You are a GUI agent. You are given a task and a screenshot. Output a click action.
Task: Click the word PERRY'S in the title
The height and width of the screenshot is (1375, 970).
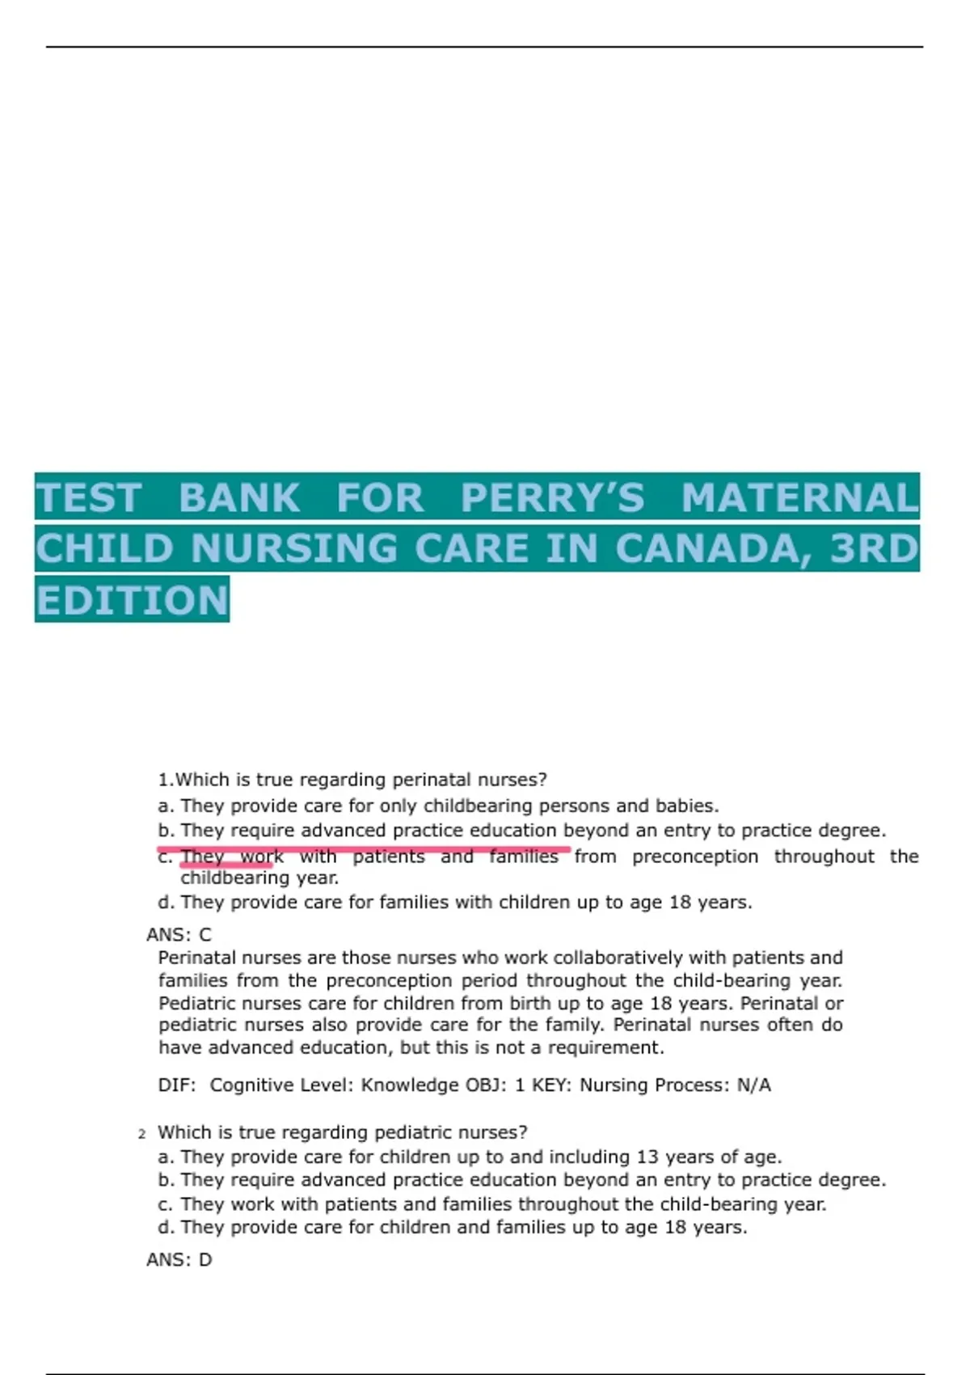click(x=553, y=497)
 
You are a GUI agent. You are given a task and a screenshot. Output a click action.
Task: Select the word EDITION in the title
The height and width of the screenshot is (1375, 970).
click(x=133, y=600)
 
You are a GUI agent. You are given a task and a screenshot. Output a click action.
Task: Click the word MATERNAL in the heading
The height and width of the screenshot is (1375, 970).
click(x=799, y=497)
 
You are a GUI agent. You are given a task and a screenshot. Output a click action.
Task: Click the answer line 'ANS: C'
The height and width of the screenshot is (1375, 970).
click(x=179, y=935)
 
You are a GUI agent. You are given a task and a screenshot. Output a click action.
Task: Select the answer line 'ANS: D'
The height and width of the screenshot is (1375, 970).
click(x=179, y=1260)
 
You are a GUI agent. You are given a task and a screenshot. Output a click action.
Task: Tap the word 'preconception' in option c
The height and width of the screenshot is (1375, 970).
click(x=695, y=857)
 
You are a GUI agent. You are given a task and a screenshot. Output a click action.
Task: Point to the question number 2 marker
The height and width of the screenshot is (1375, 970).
click(x=142, y=1134)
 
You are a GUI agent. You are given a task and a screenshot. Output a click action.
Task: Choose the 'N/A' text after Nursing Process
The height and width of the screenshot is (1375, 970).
click(x=753, y=1085)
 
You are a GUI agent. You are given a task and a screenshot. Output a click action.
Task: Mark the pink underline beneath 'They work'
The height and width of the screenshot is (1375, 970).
click(x=226, y=867)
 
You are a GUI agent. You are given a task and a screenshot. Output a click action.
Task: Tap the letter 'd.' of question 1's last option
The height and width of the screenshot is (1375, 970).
click(x=167, y=903)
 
